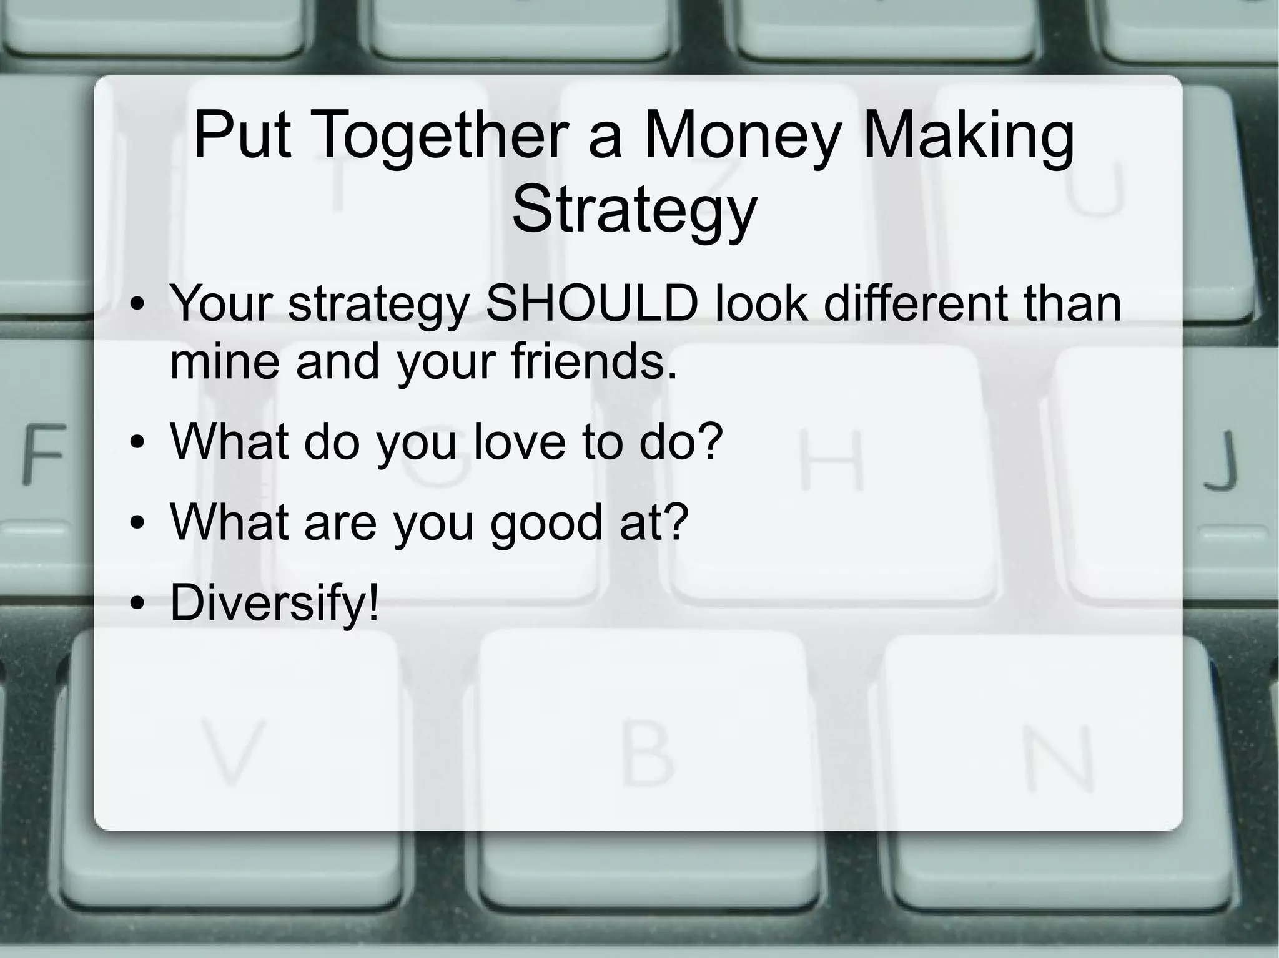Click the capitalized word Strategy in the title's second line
pos(634,209)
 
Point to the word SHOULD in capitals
pos(591,304)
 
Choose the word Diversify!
pos(274,602)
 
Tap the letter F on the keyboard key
pos(43,454)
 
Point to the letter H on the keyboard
pos(832,461)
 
